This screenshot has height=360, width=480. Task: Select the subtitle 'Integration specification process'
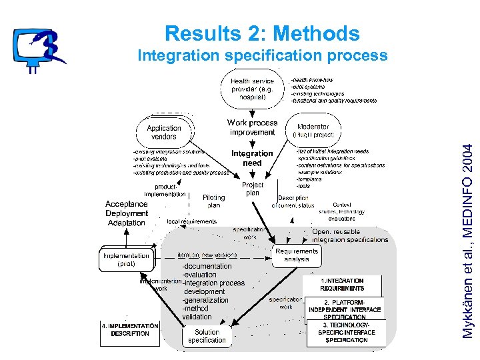(x=262, y=55)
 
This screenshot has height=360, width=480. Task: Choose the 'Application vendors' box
(x=164, y=132)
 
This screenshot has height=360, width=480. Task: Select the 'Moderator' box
(x=313, y=130)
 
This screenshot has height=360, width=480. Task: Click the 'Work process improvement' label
(x=252, y=127)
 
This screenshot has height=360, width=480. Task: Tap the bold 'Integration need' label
(x=252, y=158)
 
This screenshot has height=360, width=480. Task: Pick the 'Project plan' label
(x=253, y=189)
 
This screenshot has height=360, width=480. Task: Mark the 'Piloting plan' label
(x=213, y=201)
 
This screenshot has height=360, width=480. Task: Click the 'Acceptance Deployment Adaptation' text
(x=127, y=213)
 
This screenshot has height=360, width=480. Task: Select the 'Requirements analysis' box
(x=297, y=255)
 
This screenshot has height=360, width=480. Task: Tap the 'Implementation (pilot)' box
(x=126, y=259)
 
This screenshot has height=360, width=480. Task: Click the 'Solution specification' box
(x=207, y=336)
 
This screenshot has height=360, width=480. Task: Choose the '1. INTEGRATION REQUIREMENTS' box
(x=342, y=285)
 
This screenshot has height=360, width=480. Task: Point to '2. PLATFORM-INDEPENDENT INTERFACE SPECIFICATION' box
(x=345, y=309)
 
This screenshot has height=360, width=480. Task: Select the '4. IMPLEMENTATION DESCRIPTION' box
(x=129, y=330)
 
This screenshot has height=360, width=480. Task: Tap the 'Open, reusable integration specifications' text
(x=350, y=235)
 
